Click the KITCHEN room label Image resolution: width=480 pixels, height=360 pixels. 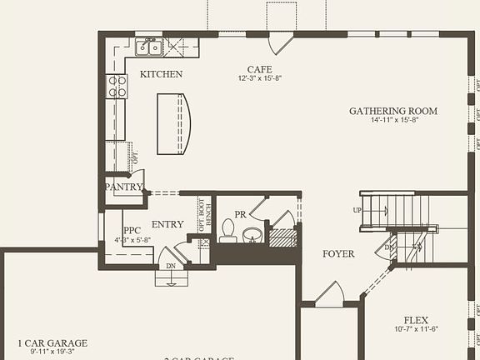[x=161, y=74]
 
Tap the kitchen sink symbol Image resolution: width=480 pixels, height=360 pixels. [x=149, y=47]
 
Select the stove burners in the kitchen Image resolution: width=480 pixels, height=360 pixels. [x=116, y=87]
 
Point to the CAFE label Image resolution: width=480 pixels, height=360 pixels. [x=260, y=69]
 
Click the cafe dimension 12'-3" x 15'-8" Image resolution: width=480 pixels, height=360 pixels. [x=260, y=78]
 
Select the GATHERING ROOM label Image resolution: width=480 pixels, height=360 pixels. [x=393, y=111]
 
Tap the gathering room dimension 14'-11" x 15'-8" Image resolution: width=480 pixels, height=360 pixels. [x=394, y=120]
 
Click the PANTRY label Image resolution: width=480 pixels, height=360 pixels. [x=124, y=187]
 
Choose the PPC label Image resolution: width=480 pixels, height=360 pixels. [x=132, y=231]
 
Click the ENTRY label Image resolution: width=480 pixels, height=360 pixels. [x=167, y=224]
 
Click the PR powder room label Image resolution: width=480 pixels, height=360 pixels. [x=240, y=214]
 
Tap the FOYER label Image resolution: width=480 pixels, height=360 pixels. [x=338, y=254]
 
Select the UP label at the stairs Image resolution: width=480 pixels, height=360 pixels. [x=357, y=210]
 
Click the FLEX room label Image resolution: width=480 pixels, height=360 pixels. [x=416, y=320]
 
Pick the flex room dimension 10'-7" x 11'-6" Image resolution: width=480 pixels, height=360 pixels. [x=416, y=329]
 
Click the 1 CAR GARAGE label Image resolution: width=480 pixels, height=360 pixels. [x=52, y=342]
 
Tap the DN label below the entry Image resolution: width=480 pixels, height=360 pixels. [x=171, y=266]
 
